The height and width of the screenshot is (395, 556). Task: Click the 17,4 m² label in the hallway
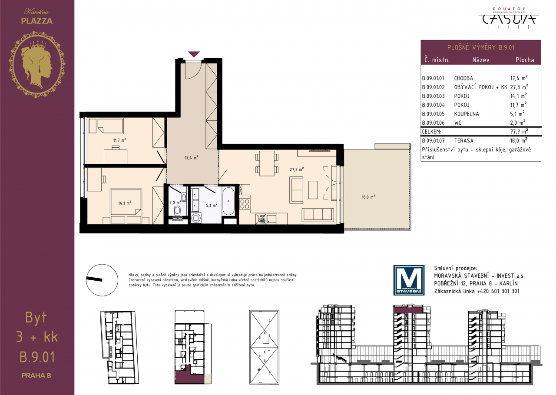point(192,157)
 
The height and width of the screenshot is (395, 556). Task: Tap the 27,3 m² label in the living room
point(297,169)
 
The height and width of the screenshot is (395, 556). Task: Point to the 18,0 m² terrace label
point(368,197)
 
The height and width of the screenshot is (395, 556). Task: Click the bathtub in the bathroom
point(228,201)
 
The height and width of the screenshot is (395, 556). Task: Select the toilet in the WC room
point(177,211)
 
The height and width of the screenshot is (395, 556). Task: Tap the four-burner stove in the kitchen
point(245,203)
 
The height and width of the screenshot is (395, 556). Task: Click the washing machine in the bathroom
point(196,218)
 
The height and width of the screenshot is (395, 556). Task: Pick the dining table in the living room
point(267,163)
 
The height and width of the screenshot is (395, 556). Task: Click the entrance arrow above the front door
point(194,54)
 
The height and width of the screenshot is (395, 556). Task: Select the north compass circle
point(102,280)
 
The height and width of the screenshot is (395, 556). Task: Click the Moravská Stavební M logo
point(409,280)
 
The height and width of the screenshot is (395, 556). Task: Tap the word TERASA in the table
point(463,140)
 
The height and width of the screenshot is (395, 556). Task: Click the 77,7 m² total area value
point(519,131)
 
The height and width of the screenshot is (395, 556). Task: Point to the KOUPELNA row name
point(467,114)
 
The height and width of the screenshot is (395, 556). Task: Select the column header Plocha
point(525,60)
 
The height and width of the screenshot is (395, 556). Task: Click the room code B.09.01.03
point(433,96)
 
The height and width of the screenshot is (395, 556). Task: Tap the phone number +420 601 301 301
point(498,291)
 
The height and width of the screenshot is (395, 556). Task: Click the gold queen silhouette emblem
point(37,64)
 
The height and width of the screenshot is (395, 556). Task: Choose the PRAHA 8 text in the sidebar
point(36,375)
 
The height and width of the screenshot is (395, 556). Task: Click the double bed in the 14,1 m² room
point(126,202)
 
